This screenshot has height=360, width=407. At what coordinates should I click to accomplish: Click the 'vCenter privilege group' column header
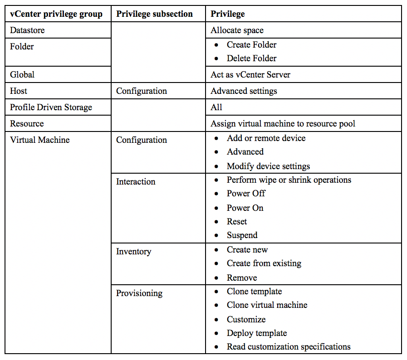pos(56,14)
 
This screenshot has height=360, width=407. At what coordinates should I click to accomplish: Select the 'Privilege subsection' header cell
pos(154,14)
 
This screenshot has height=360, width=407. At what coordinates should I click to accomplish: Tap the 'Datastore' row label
pos(27,30)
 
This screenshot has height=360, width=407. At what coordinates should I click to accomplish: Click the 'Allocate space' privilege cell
pos(237,30)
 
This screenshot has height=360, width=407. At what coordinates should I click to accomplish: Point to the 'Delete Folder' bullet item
pos(251,58)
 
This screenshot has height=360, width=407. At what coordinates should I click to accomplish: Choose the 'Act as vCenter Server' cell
pos(250,74)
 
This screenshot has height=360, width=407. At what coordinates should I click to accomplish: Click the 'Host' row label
pos(19,91)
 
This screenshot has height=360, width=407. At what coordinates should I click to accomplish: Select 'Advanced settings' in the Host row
pos(244,91)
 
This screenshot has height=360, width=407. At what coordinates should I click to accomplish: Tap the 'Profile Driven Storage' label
pos(51,107)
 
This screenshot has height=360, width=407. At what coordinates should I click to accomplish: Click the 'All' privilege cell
pos(216,107)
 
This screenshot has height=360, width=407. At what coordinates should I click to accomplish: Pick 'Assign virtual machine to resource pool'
pos(283,123)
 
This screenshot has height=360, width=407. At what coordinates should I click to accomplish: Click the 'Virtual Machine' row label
pos(40,140)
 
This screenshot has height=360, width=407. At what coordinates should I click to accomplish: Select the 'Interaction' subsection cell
pos(136,181)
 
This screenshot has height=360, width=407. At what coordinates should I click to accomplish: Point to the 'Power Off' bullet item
pos(246,194)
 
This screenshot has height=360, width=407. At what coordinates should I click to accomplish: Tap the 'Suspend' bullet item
pos(242,235)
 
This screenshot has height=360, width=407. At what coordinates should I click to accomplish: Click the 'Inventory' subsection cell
pos(133,251)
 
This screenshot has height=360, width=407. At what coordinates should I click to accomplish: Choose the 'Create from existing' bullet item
pos(264,263)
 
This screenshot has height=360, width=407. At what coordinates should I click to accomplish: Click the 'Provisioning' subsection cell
pos(139,293)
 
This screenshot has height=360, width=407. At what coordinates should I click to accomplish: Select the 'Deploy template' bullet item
pos(257,333)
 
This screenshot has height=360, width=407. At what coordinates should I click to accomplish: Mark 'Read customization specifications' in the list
pos(289,347)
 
